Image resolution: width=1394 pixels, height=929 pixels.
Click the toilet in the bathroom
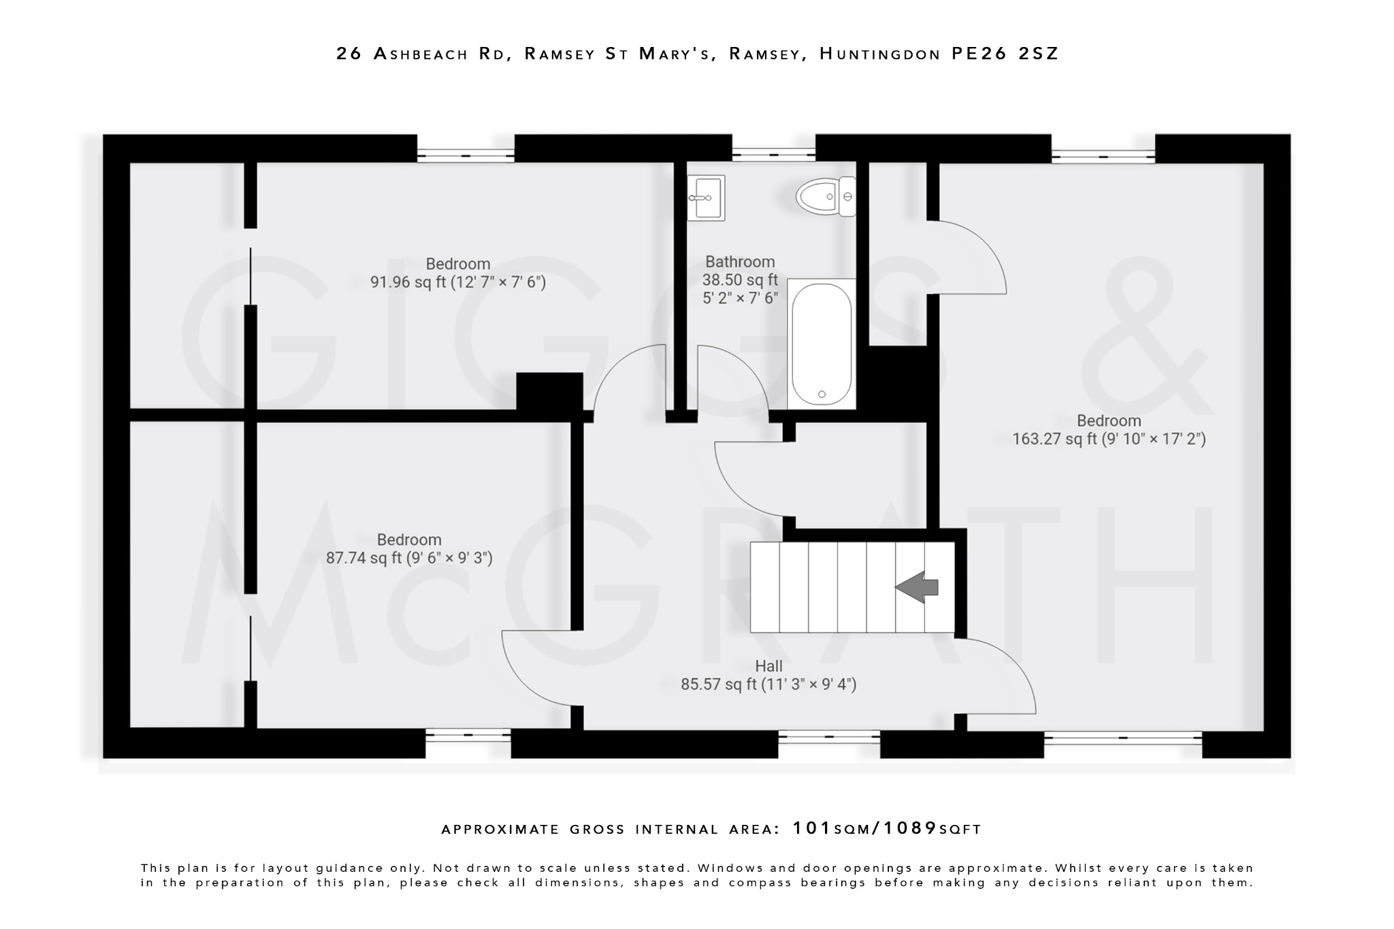tap(826, 196)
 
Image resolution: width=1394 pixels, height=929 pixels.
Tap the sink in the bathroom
tap(706, 198)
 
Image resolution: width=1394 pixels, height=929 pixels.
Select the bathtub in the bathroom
tap(822, 344)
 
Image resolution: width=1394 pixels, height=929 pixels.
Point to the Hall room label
tap(768, 666)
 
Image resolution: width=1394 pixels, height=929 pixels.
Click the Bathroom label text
tap(740, 262)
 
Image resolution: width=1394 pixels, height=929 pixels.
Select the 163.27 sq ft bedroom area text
tap(1109, 439)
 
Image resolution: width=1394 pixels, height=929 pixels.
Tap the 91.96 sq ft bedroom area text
tap(457, 282)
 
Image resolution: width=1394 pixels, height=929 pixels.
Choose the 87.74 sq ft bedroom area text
tap(408, 558)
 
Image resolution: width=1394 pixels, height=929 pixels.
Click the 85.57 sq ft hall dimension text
tap(768, 684)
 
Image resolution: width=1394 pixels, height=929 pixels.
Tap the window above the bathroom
tap(773, 155)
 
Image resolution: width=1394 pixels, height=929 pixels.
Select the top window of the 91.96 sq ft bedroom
tap(466, 155)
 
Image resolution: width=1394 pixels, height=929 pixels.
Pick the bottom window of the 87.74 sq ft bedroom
tap(468, 735)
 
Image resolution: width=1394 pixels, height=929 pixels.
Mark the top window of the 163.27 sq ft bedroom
tap(1103, 157)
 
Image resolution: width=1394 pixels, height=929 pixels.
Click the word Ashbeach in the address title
tap(421, 54)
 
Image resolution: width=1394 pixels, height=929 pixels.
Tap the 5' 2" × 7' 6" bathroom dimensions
tap(740, 297)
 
